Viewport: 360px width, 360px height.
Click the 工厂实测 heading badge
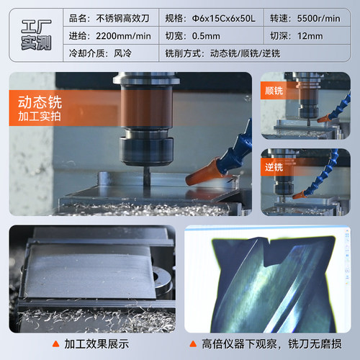pos(36,35)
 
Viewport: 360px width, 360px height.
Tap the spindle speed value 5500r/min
pos(318,19)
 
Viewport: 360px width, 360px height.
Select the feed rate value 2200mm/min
pos(123,36)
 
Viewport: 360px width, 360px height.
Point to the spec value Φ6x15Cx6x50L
pos(224,19)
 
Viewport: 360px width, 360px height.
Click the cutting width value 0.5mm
pos(206,36)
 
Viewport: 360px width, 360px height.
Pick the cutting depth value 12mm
pos(310,36)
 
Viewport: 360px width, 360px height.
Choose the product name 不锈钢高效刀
pos(122,19)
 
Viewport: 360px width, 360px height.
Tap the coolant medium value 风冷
pos(122,53)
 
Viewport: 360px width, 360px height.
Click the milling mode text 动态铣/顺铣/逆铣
pos(245,53)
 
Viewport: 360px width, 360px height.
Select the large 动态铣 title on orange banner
pos(40,102)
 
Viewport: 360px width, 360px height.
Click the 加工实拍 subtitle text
pos(40,116)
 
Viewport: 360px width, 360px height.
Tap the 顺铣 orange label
pos(274,91)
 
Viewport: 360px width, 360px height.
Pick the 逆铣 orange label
pos(274,167)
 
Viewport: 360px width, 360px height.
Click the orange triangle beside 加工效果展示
pos(55,344)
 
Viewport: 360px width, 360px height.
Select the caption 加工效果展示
pos(96,344)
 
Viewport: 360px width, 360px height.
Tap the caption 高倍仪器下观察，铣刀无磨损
pos(271,344)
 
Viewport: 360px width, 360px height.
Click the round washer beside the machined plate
pos(161,279)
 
